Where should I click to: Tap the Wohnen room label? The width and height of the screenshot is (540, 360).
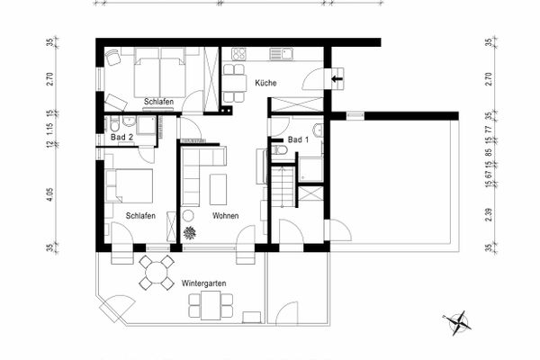tap(225, 216)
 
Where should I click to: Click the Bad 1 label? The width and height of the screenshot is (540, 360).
tap(299, 141)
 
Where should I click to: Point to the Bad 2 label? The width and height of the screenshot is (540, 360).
tap(122, 137)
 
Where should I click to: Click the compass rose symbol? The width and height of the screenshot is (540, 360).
tap(457, 321)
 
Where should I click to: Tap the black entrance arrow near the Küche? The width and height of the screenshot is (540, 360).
tap(337, 80)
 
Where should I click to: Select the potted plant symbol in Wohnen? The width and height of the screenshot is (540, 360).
tap(190, 233)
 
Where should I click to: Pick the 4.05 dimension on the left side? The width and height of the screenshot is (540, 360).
tap(49, 193)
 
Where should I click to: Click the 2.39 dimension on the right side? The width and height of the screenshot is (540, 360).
tap(488, 214)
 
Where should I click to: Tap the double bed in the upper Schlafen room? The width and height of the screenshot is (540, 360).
tap(160, 76)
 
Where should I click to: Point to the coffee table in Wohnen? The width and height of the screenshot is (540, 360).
tap(219, 188)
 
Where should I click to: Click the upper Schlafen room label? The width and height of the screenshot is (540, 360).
tap(158, 102)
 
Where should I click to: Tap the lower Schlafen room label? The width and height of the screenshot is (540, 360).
tap(141, 216)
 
